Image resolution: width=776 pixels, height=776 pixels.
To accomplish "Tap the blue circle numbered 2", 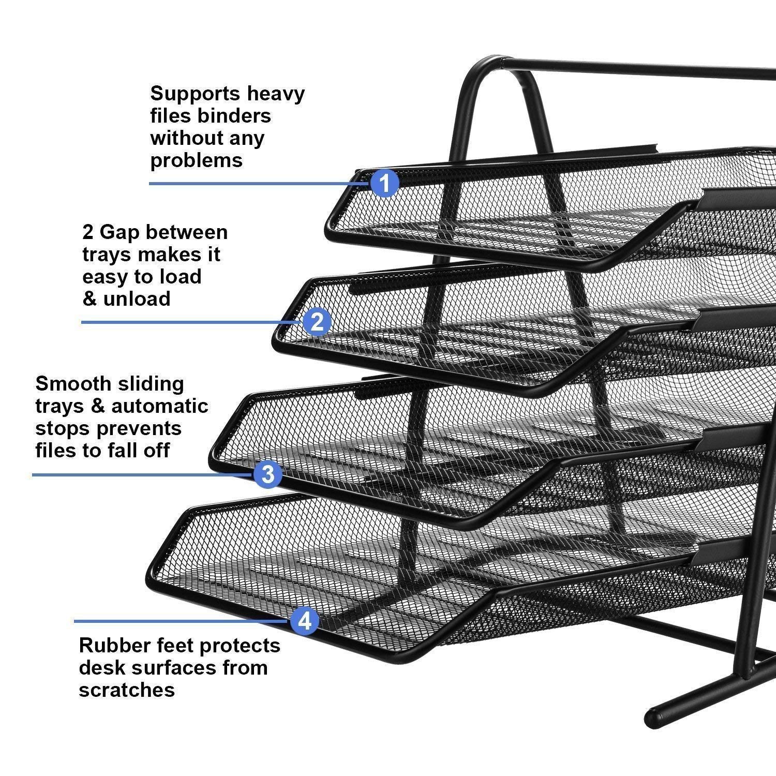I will click(317, 322).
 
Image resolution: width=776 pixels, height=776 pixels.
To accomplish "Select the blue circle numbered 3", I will click(267, 474).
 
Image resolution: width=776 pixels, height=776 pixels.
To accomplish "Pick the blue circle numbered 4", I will click(305, 620).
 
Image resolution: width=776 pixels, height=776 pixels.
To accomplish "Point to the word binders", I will click(234, 116).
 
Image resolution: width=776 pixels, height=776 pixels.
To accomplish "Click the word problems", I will click(196, 160).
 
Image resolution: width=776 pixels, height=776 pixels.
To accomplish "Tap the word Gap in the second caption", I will click(119, 232).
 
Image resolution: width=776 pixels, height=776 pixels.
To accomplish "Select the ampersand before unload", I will click(89, 299).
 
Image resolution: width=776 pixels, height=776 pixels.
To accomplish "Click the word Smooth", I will click(72, 384).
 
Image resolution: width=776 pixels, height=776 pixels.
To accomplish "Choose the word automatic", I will click(160, 406).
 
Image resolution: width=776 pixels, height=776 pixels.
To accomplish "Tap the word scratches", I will click(127, 690).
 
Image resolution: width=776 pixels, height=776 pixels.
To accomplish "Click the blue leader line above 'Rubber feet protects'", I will click(181, 621).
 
